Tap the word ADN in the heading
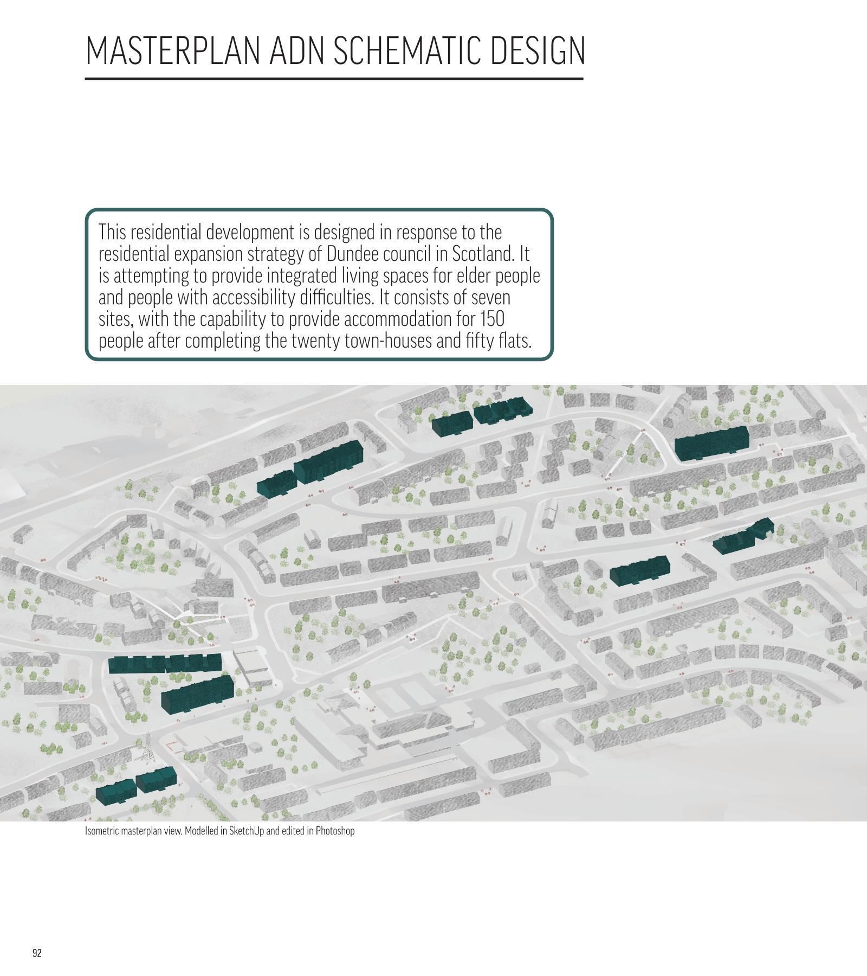296,50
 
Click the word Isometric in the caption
101,831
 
